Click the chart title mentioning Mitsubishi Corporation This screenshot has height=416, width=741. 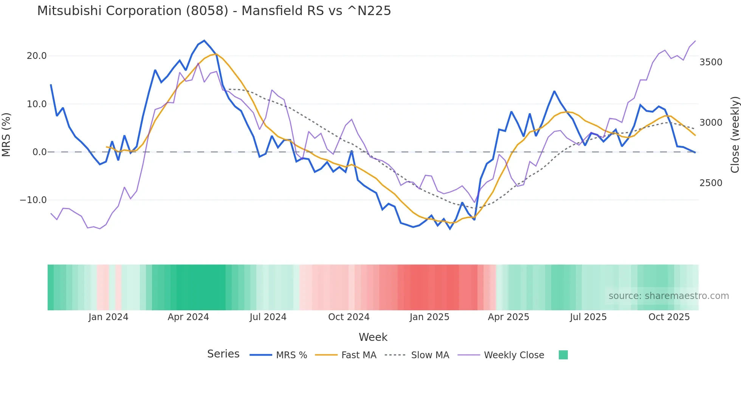pyautogui.click(x=214, y=11)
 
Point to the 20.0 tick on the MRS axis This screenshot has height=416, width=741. pyautogui.click(x=37, y=56)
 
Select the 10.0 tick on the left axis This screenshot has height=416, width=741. pyautogui.click(x=37, y=104)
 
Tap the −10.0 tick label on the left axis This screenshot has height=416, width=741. pyautogui.click(x=33, y=200)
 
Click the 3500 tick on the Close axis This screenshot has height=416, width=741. pyautogui.click(x=711, y=62)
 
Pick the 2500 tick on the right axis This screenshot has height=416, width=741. pyautogui.click(x=711, y=183)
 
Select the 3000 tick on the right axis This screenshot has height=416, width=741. pyautogui.click(x=711, y=123)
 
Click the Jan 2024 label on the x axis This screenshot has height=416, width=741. pyautogui.click(x=109, y=317)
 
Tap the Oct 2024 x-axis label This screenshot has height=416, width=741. pyautogui.click(x=349, y=317)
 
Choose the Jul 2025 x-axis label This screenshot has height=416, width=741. pyautogui.click(x=588, y=317)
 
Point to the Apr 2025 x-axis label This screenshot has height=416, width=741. pyautogui.click(x=508, y=317)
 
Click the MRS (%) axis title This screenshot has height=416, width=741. pyautogui.click(x=6, y=134)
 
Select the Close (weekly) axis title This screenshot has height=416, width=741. pyautogui.click(x=735, y=135)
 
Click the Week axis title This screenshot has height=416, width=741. pyautogui.click(x=373, y=337)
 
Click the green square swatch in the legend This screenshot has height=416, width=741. pyautogui.click(x=563, y=355)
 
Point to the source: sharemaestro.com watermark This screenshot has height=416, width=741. pyautogui.click(x=668, y=296)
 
